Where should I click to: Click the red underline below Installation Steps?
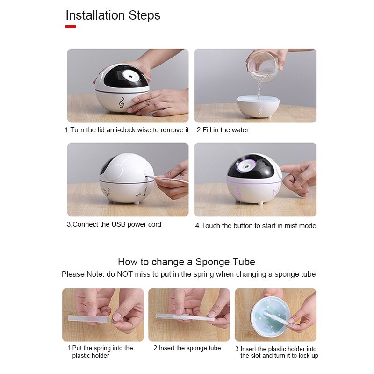point(71,26)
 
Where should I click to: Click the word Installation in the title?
point(95,15)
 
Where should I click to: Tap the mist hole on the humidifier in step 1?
point(131,77)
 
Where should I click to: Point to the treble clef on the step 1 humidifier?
point(122,103)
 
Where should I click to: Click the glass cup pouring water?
point(264,66)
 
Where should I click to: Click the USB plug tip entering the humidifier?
point(147,177)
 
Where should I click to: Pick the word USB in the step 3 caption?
point(119,224)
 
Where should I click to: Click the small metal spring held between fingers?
point(114,321)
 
